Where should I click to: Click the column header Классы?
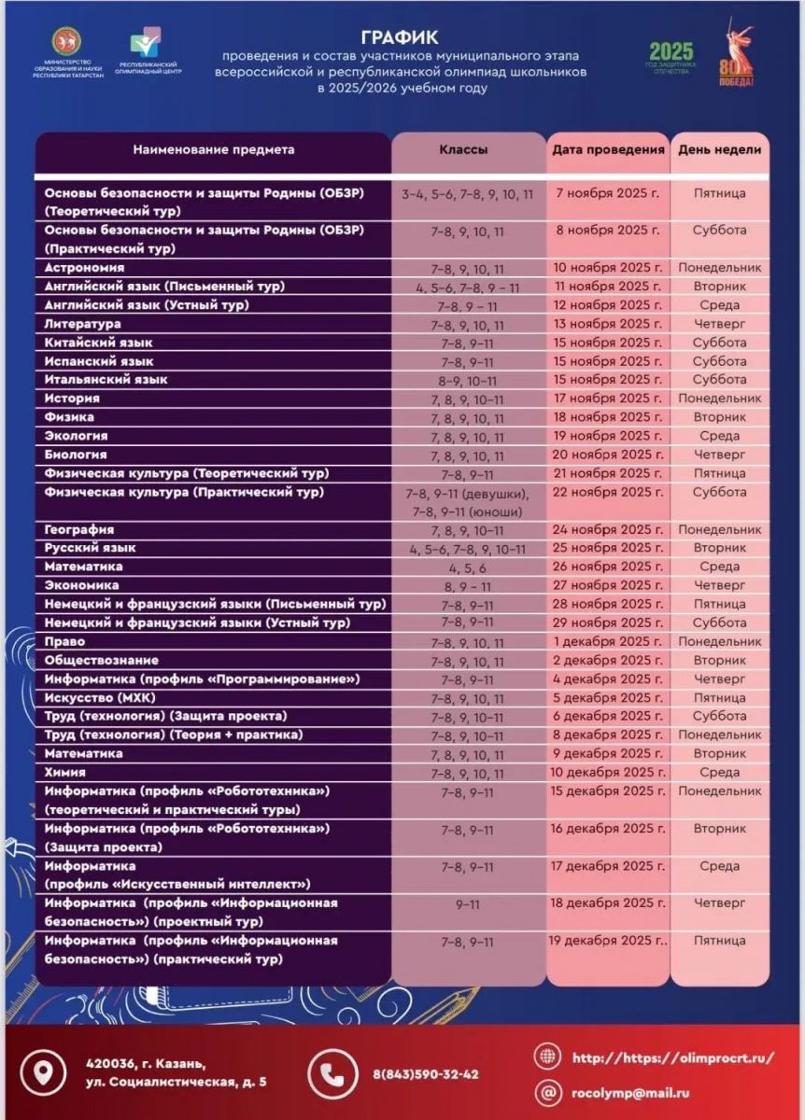coord(463,149)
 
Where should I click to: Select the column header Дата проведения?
coord(608,149)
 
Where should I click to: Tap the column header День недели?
coord(719,149)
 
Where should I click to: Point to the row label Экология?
coord(76,436)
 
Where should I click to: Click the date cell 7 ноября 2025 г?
coord(607,193)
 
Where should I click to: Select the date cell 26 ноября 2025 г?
coord(607,567)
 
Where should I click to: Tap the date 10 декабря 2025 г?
coord(608,772)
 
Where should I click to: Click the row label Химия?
coord(65,772)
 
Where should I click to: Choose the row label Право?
coord(64,641)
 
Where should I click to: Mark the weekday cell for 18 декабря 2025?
coord(719,903)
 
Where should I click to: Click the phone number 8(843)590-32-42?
coord(425,1074)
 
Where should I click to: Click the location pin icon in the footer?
coord(42,1072)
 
